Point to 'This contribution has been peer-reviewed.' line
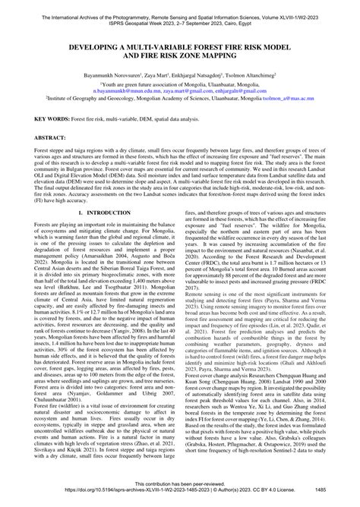(x=179, y=483)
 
